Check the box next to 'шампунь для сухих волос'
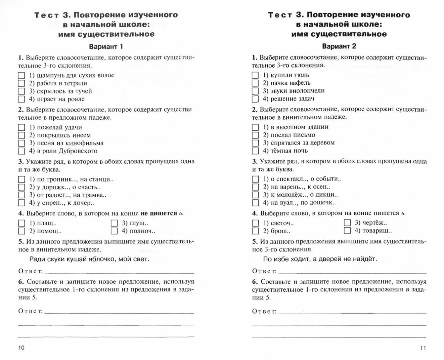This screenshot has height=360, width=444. point(21,75)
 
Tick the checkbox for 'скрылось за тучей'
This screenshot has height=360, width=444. point(21,91)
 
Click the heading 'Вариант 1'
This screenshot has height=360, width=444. point(106,46)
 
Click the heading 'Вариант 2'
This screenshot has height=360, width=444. point(339,46)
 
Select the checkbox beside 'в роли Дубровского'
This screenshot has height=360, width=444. point(21,151)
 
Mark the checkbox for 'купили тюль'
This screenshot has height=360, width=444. point(255,75)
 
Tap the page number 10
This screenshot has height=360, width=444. point(21,348)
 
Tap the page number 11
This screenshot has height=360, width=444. point(423,348)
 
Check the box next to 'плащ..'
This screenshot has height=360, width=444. point(21,223)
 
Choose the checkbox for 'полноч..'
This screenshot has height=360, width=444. point(114,231)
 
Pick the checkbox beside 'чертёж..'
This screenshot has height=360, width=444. point(347,223)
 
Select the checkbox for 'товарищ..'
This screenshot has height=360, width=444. point(347,231)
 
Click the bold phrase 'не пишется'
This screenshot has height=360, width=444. point(159,213)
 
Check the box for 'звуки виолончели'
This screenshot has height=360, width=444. point(255,91)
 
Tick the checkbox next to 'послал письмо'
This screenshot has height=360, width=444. point(255,135)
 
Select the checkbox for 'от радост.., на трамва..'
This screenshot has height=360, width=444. point(21,195)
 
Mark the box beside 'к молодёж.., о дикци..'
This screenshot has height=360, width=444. point(255,195)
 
